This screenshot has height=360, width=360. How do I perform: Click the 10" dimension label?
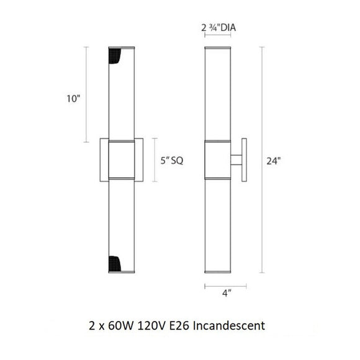73,99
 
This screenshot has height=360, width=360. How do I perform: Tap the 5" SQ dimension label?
172,161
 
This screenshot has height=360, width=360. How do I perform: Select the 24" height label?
274,161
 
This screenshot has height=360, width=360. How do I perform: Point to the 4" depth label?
227,293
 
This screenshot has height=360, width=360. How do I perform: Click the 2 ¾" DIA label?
218,28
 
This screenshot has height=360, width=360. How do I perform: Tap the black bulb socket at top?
115,56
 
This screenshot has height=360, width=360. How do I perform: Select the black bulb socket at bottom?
115,264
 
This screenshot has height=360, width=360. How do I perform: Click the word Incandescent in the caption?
229,325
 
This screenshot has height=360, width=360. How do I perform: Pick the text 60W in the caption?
120,326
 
